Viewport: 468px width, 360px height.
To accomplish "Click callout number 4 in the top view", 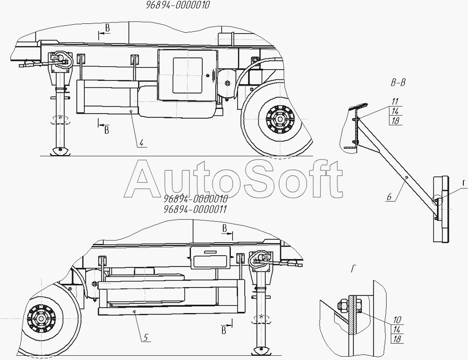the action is [141, 143].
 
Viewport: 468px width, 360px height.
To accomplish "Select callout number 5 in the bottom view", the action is [146, 338].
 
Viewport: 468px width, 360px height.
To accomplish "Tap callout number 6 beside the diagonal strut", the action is [389, 197].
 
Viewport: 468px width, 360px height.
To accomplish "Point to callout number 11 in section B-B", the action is [395, 102].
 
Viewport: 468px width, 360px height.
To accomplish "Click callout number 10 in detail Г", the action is [397, 320].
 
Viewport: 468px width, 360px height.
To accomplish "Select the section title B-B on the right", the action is [398, 83].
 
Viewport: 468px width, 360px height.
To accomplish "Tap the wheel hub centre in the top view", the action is [280, 119].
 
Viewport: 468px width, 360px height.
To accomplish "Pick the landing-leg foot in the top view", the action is [60, 151].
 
